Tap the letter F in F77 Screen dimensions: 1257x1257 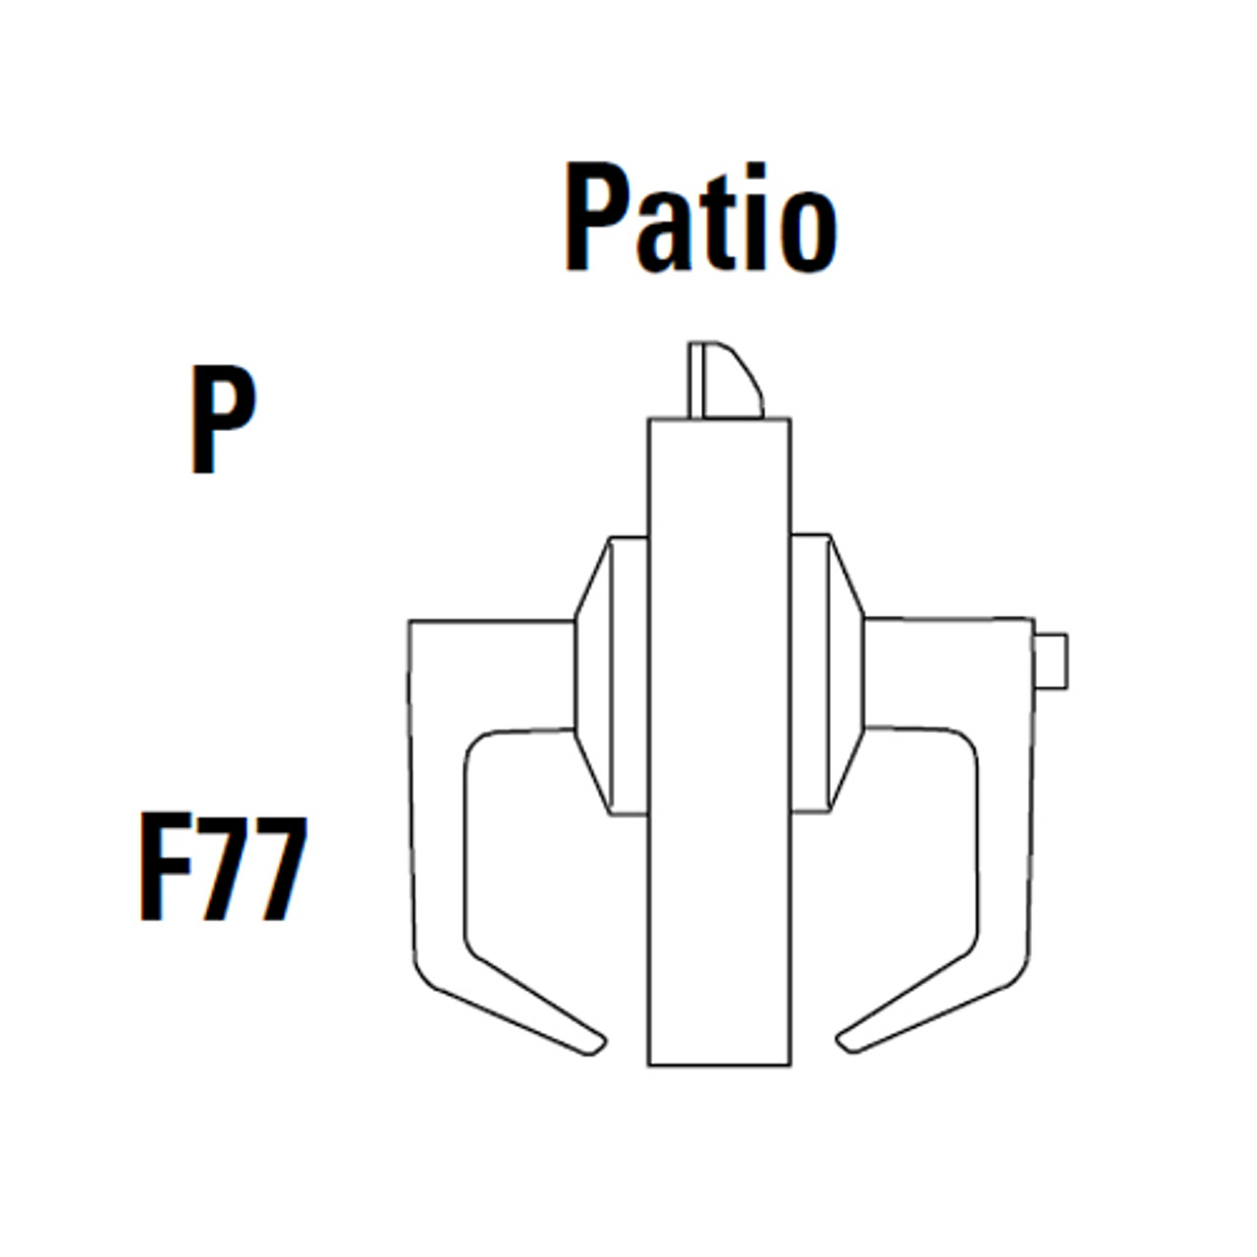[x=165, y=867]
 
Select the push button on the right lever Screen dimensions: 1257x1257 [x=1051, y=660]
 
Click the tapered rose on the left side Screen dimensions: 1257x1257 [x=591, y=676]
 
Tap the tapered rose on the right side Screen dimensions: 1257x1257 [x=847, y=676]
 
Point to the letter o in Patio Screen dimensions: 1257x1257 [x=807, y=230]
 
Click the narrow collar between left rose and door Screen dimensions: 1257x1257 [x=628, y=676]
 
